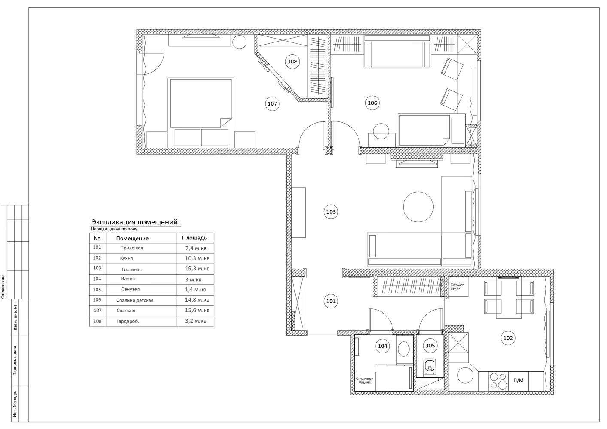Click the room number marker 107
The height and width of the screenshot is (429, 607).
tap(272, 103)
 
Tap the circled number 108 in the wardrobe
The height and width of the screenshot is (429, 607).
tap(292, 62)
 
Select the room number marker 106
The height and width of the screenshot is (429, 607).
tap(372, 103)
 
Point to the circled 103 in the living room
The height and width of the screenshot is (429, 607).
tap(331, 211)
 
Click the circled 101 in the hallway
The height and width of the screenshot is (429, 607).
tap(331, 301)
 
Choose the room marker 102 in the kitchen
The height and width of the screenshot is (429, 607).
tap(508, 338)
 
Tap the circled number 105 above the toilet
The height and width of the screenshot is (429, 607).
tap(430, 346)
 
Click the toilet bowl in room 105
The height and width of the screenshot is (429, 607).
tap(429, 367)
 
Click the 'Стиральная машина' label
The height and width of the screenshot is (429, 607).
tap(365, 381)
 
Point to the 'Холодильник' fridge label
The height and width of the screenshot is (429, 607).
tap(458, 286)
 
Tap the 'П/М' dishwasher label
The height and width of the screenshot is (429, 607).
tap(519, 380)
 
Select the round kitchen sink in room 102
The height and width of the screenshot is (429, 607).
tap(465, 375)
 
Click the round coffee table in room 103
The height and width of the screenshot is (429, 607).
tap(418, 207)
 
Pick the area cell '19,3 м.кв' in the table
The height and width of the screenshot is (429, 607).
tap(197, 269)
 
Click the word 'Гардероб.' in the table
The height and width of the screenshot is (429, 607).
tap(127, 321)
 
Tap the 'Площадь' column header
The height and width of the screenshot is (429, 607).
tap(194, 238)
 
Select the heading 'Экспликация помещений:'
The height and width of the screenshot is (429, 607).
tap(136, 222)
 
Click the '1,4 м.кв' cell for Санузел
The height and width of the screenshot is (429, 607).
tap(196, 290)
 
